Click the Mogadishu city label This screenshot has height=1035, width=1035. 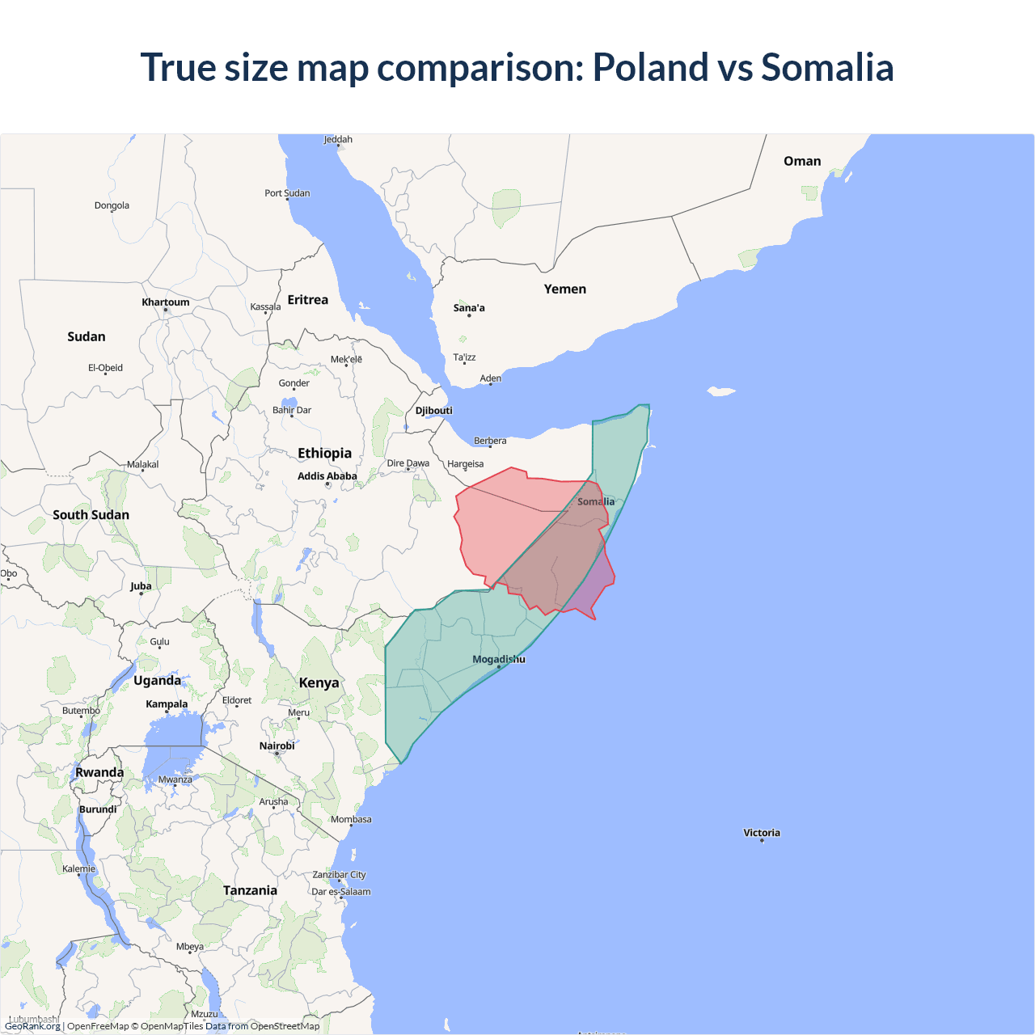point(499,659)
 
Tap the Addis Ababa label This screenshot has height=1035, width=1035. point(327,476)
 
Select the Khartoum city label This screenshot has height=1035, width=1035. point(166,302)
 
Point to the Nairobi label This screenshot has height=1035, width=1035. point(277,746)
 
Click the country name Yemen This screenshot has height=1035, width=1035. point(564,289)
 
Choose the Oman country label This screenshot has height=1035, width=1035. point(802,162)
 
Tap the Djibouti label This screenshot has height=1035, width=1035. point(434,411)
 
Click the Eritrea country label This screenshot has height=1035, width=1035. point(308,300)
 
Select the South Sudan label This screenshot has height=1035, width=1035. point(91,515)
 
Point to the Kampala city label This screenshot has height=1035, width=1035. point(167,704)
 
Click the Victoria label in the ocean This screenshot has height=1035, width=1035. point(762,833)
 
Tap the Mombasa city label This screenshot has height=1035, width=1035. point(351,820)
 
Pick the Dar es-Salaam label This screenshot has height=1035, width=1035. point(341,892)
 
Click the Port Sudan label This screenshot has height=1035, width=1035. point(287,193)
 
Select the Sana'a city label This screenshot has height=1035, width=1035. point(469,308)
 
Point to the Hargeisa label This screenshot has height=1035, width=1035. point(465,464)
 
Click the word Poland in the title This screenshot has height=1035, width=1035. point(651,67)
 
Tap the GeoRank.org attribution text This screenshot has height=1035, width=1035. point(32,1026)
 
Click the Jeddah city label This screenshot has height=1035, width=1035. point(338,140)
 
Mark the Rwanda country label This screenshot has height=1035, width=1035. point(99,772)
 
